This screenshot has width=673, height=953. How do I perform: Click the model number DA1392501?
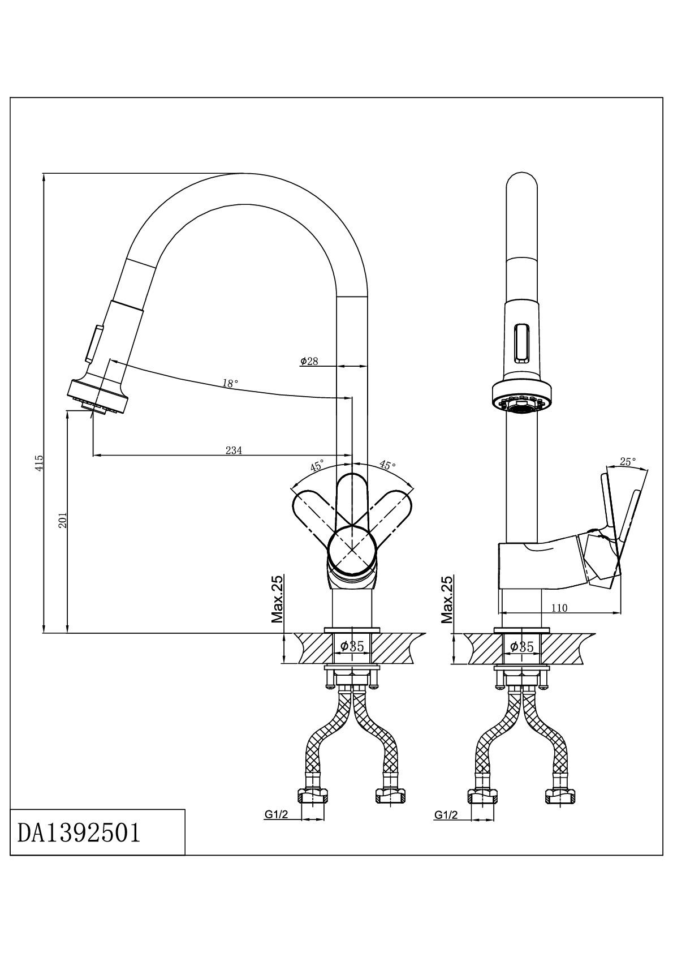79,832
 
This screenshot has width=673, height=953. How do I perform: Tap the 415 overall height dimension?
38,463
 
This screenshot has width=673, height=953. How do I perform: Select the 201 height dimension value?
63,520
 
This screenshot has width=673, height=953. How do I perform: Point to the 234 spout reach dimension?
234,450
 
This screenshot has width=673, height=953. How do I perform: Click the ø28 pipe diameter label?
309,361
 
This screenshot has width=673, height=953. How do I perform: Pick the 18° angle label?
230,383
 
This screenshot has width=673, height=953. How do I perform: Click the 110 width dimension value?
559,608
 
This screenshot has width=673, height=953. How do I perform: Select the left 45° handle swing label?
317,466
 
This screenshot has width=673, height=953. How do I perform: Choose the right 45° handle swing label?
387,465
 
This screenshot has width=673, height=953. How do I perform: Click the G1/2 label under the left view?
277,815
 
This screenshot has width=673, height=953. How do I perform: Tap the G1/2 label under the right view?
446,815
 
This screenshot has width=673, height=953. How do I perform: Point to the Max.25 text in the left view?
277,599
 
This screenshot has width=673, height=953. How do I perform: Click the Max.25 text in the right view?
447,599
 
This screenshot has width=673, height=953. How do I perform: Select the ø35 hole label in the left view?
351,646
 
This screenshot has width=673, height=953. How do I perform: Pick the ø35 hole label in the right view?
521,646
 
